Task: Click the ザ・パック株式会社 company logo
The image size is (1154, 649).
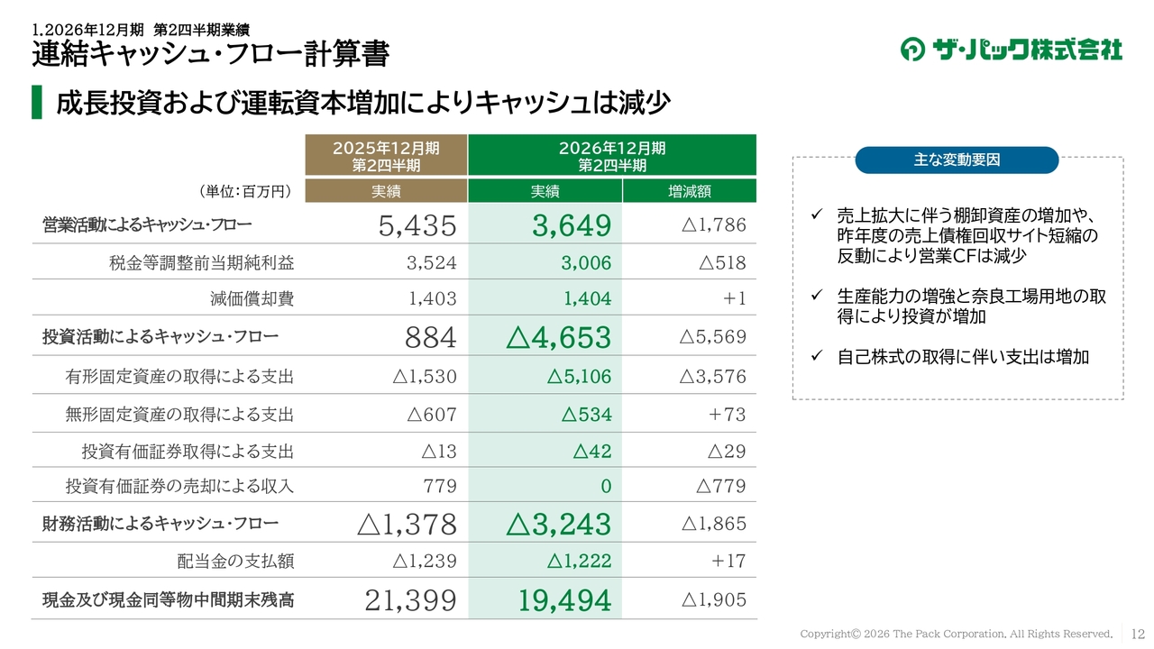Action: tap(1011, 50)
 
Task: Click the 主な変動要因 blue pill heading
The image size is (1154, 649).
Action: tap(957, 160)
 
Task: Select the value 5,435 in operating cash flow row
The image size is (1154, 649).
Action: tap(417, 225)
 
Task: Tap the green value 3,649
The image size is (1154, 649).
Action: tap(572, 225)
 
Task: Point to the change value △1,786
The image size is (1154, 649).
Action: tap(713, 224)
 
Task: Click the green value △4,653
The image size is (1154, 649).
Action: tap(558, 337)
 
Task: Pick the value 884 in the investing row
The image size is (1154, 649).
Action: tap(431, 337)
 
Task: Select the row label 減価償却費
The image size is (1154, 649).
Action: tap(252, 298)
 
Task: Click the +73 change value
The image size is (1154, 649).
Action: tap(727, 414)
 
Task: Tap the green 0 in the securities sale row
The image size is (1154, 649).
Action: tap(607, 486)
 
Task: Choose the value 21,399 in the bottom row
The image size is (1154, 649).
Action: tap(410, 600)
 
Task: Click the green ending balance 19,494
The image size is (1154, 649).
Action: tap(564, 600)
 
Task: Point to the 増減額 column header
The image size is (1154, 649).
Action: tap(690, 191)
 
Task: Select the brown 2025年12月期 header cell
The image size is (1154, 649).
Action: tap(386, 155)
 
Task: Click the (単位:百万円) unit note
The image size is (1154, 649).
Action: tap(245, 192)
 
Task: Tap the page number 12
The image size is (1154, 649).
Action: tap(1138, 634)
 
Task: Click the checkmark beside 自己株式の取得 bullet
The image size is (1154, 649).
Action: tap(817, 355)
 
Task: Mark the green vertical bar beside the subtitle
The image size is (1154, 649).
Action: tap(37, 102)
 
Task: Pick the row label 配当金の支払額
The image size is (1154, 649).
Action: tap(235, 561)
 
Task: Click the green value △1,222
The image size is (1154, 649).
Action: tap(579, 561)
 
